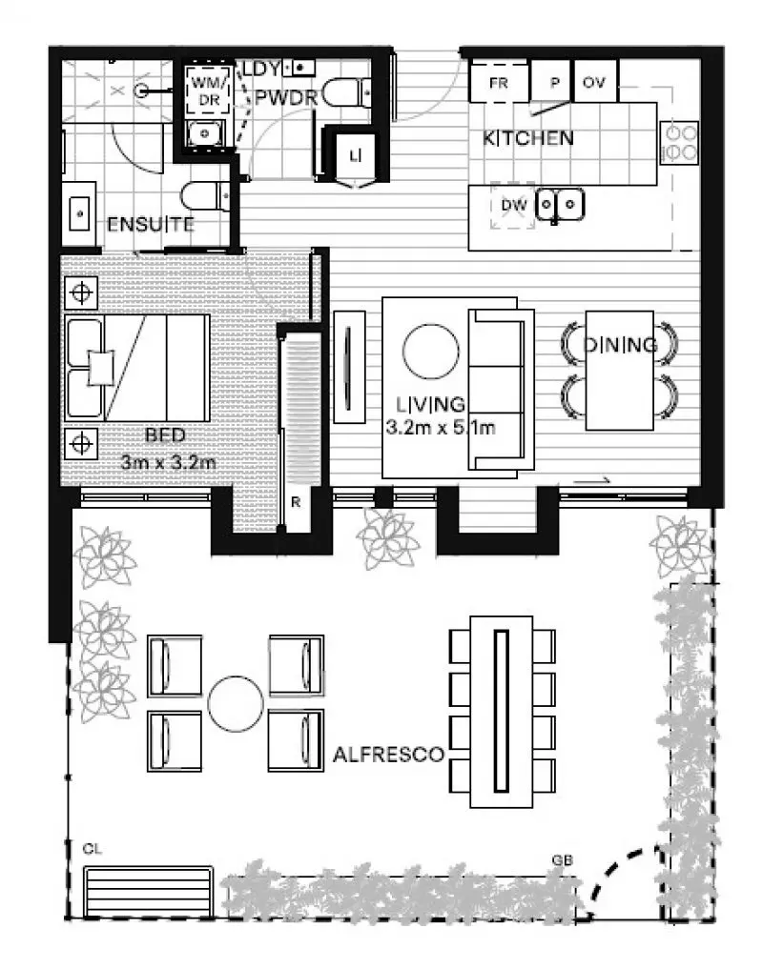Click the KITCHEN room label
click(x=528, y=138)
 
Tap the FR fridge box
click(x=499, y=82)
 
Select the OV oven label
click(x=595, y=82)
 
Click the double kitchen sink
click(x=560, y=203)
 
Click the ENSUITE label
click(x=151, y=226)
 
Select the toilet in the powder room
click(x=341, y=93)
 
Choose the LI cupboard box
click(x=354, y=154)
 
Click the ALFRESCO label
click(x=389, y=756)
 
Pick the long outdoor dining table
click(x=503, y=710)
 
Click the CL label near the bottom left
click(x=92, y=847)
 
